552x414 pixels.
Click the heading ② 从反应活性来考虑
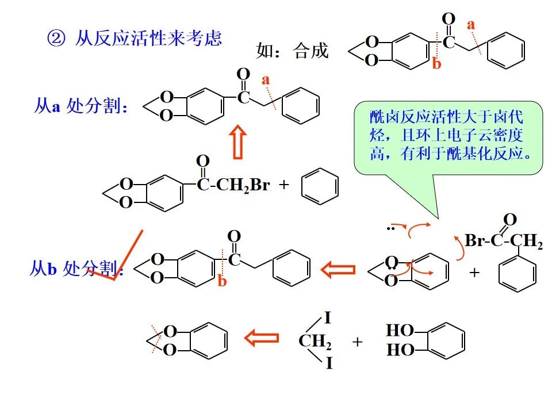tap(134, 39)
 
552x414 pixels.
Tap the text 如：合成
tap(292, 51)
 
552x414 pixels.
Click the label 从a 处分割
tap(80, 106)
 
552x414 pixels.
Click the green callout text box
tap(448, 137)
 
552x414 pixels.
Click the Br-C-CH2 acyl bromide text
tap(504, 241)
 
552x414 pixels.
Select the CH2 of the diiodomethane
tap(315, 342)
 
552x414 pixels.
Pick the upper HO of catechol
tap(400, 331)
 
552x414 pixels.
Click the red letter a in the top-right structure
tap(471, 24)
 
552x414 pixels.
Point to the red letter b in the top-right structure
tap(436, 64)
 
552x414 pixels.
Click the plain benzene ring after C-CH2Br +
tap(320, 186)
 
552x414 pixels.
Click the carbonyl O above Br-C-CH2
tap(509, 219)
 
